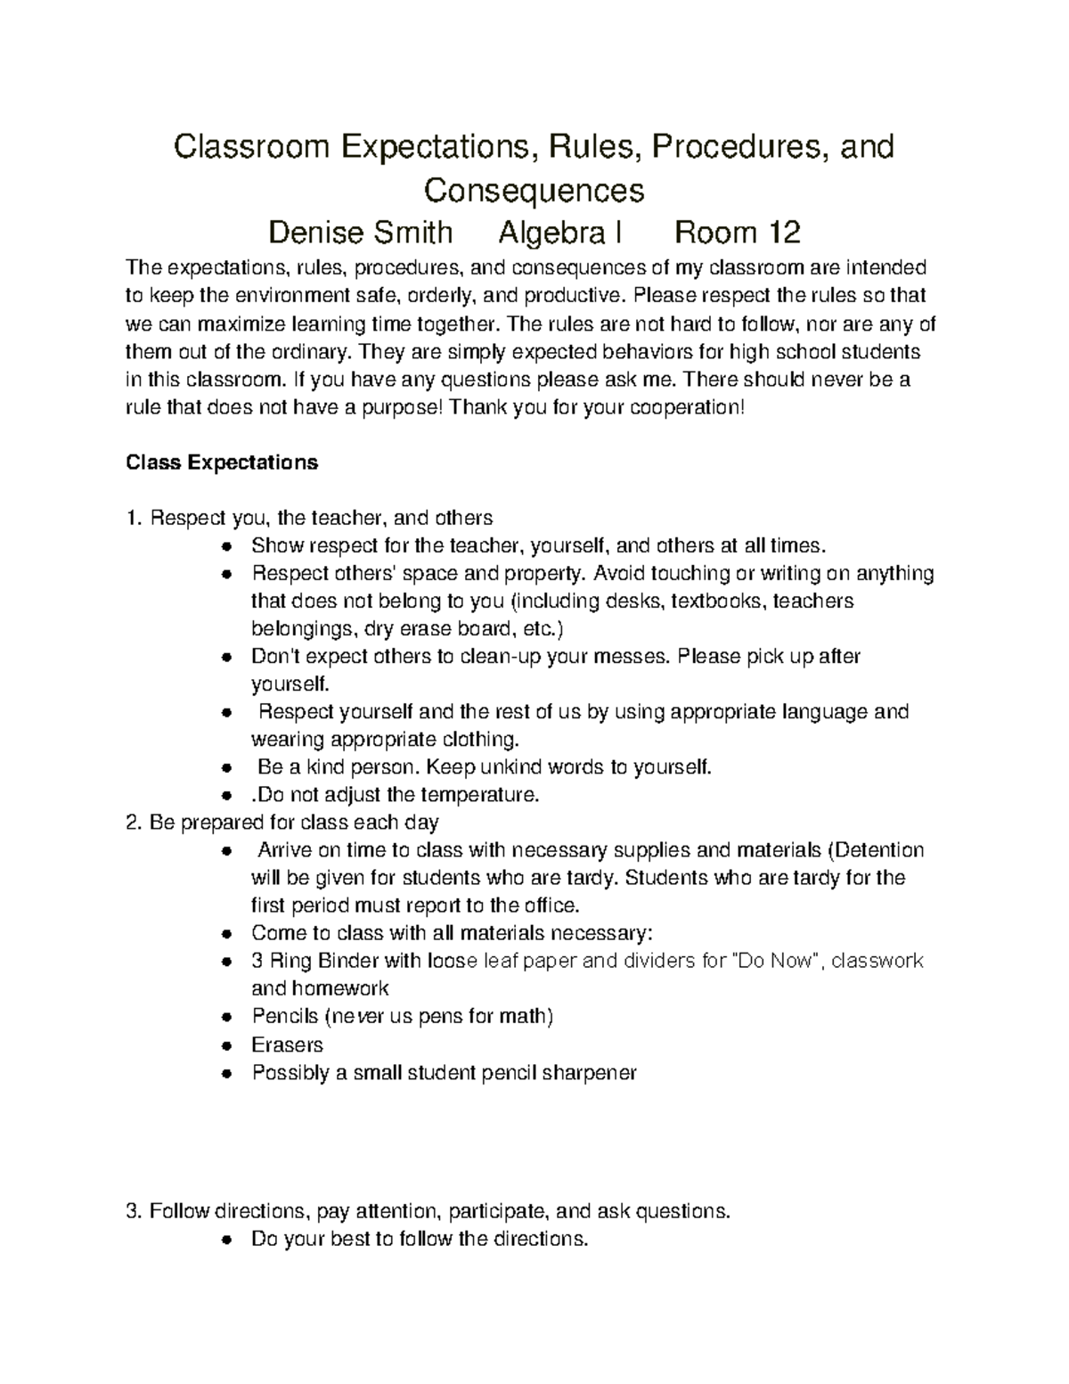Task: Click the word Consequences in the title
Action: (x=534, y=191)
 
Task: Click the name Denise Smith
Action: (x=361, y=233)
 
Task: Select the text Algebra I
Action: (x=559, y=233)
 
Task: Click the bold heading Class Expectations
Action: (x=222, y=463)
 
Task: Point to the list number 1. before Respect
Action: (x=134, y=518)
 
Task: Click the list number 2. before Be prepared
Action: (x=134, y=822)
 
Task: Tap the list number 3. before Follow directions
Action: (x=134, y=1211)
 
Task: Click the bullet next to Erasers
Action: (x=228, y=1045)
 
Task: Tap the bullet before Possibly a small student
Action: (x=228, y=1074)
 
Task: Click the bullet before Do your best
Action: (x=228, y=1240)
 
